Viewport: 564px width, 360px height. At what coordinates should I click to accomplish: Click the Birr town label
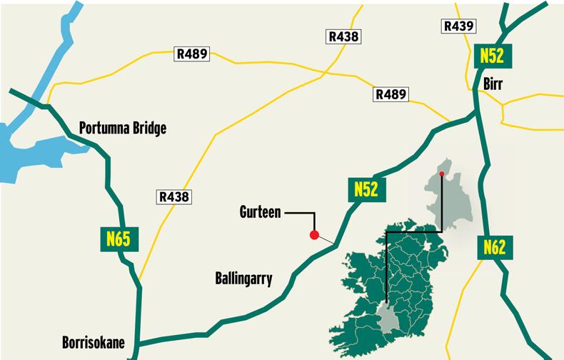pyautogui.click(x=493, y=84)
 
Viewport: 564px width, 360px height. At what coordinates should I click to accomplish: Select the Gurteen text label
pyautogui.click(x=261, y=212)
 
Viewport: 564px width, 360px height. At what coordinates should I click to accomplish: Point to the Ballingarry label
pyautogui.click(x=243, y=279)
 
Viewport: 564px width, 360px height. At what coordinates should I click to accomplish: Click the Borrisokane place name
pyautogui.click(x=94, y=343)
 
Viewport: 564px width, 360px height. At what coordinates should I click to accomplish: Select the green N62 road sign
pyautogui.click(x=494, y=247)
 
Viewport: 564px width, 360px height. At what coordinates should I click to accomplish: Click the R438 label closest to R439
pyautogui.click(x=344, y=36)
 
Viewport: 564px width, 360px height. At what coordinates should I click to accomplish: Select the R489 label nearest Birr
pyautogui.click(x=391, y=94)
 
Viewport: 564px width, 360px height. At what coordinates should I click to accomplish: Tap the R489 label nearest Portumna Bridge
pyautogui.click(x=192, y=54)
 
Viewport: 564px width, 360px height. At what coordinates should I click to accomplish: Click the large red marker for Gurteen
pyautogui.click(x=313, y=235)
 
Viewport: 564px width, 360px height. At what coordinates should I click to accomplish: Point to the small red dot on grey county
pyautogui.click(x=442, y=174)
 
